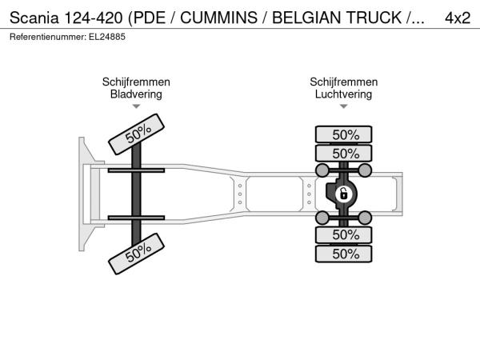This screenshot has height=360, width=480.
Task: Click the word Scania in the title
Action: click(34, 18)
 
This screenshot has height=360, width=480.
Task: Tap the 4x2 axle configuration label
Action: click(458, 18)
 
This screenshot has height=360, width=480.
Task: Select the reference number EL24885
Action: click(107, 37)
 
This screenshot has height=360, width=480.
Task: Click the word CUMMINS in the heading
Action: click(218, 18)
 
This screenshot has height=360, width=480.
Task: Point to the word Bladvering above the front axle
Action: click(136, 94)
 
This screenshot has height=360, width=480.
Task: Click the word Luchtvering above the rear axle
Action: click(343, 94)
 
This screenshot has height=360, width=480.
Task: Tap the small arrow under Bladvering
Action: click(136, 106)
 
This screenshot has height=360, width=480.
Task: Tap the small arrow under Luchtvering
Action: click(344, 106)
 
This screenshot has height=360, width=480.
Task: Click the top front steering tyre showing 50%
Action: click(137, 134)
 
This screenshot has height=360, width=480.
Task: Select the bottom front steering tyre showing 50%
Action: click(137, 254)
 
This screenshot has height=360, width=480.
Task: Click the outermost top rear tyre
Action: click(344, 134)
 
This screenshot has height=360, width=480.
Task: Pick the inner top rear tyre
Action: click(344, 154)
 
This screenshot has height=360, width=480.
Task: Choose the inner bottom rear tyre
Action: click(344, 234)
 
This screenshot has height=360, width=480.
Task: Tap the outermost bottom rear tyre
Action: click(344, 254)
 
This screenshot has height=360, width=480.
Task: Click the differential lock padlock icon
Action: click(344, 194)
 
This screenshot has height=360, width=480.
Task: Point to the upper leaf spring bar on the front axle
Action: click(136, 170)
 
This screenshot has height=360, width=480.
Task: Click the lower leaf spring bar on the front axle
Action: click(136, 218)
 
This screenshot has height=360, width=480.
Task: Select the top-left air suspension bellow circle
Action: click(322, 170)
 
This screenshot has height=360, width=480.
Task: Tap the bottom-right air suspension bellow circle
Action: click(365, 218)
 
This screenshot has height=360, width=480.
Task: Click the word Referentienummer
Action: click(48, 37)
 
